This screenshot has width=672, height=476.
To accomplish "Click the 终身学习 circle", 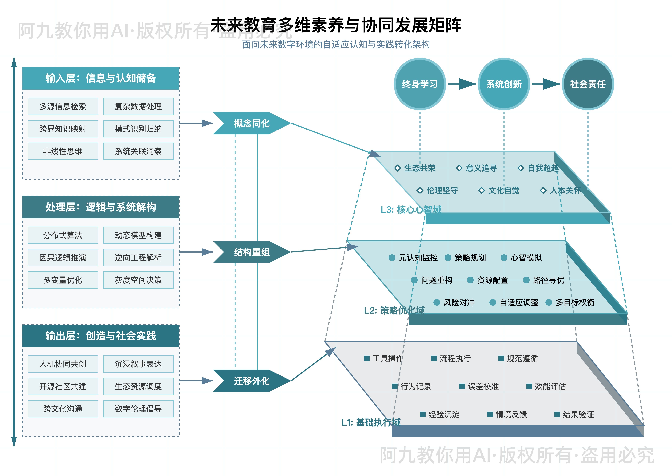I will pos(420,84).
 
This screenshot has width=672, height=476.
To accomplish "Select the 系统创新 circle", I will pos(504,84).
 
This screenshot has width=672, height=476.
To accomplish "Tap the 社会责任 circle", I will pos(588,84).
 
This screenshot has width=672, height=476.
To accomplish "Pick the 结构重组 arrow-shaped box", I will pos(251,252).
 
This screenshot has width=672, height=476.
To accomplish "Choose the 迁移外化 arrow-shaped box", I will pos(251,381).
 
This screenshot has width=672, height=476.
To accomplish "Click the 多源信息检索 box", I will pos(63,106).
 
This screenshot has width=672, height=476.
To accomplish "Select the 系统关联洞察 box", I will pos(138,151).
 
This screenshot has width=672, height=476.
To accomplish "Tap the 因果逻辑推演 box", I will pos(63,258).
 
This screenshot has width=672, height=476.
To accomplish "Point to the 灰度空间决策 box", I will pos(138,280).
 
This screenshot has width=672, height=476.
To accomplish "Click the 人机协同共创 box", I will pos(63,364).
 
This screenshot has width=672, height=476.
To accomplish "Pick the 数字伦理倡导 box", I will pos(138,409).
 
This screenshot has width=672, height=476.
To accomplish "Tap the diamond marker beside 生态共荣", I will pos(397,168).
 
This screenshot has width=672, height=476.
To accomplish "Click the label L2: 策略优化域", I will pos(394,310).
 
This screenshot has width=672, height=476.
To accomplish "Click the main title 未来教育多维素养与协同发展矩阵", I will pos(336,25).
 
